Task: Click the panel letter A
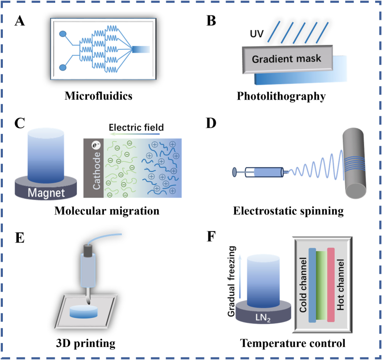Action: pos(20,22)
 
